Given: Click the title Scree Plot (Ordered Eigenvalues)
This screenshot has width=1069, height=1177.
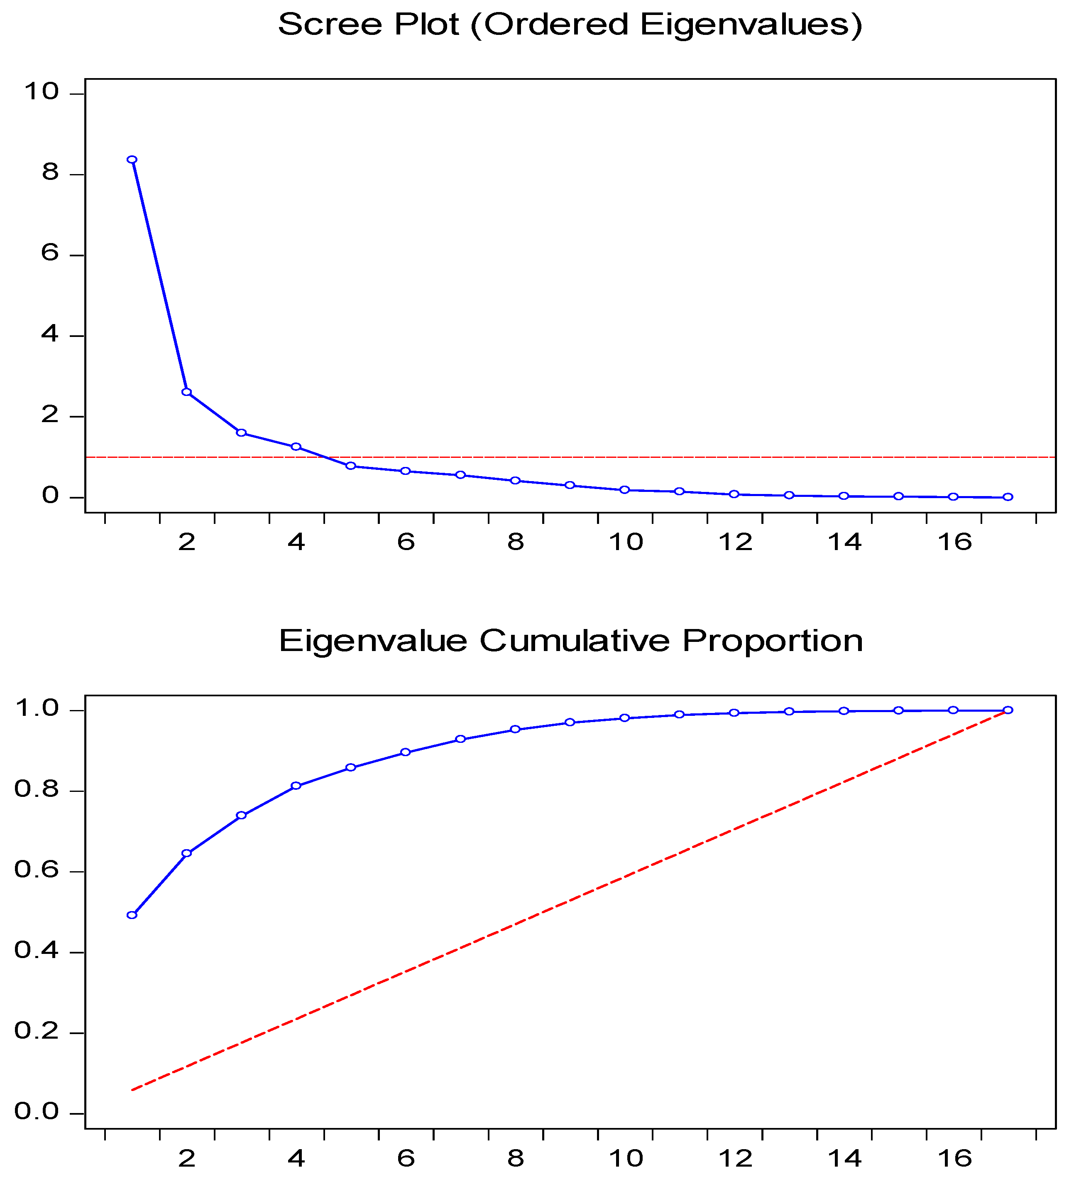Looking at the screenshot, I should click(x=570, y=25).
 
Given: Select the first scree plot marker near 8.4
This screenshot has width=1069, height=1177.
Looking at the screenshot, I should click(x=132, y=160).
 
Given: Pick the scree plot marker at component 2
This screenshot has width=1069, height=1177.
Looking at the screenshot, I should click(x=187, y=392).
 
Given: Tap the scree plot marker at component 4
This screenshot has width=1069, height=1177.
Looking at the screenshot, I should click(x=296, y=447).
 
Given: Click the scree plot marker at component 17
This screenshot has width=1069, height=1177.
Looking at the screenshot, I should click(x=1008, y=497).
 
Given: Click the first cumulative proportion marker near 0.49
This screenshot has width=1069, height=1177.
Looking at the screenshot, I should click(x=132, y=915).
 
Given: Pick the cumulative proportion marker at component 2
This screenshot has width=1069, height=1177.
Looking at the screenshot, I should click(x=187, y=853).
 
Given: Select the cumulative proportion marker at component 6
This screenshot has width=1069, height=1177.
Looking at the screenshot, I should click(x=406, y=752).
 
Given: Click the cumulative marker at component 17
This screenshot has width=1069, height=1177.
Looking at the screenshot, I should click(x=1008, y=710).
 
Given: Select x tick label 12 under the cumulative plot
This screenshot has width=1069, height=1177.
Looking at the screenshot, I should click(x=735, y=1158).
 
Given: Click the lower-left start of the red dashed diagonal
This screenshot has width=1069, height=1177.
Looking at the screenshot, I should click(x=133, y=1089).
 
